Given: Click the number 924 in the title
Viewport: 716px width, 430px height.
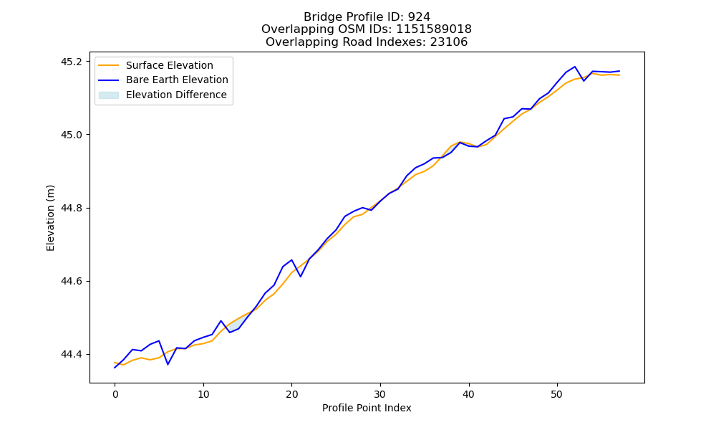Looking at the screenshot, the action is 419,17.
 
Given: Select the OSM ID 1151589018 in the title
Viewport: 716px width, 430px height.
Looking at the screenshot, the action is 434,29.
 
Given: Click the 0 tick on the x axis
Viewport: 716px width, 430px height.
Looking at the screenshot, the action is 115,394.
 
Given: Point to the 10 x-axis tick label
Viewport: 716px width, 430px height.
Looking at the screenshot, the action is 203,394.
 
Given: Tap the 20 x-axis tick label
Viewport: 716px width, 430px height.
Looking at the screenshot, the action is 292,394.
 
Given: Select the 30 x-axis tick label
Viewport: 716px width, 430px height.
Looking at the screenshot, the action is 380,394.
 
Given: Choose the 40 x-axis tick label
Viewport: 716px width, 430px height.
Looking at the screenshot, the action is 468,394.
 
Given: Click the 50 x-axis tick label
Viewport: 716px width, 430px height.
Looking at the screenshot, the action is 557,394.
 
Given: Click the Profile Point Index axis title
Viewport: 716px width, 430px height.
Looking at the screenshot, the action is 367,408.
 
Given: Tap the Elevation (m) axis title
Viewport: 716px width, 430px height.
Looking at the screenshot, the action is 50,218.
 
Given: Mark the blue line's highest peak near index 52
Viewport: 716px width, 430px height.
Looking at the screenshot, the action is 575,67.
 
